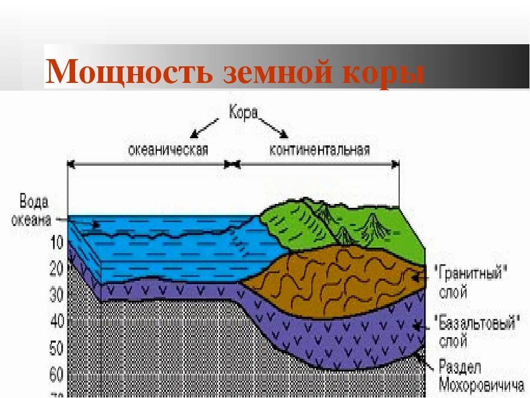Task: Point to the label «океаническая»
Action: [168, 149]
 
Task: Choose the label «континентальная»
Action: [320, 149]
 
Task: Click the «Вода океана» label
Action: [34, 210]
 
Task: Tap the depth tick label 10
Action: [57, 242]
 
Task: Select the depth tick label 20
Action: [57, 269]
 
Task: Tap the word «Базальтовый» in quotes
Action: [476, 323]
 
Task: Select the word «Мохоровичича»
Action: [480, 385]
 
